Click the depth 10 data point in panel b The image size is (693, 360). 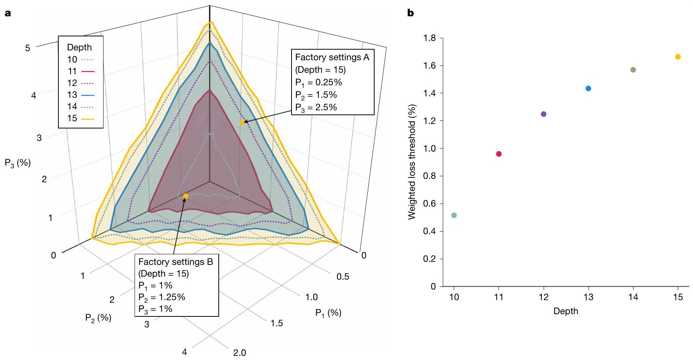[454, 215]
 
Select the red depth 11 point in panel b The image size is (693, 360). [499, 154]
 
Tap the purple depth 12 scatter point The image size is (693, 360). [543, 114]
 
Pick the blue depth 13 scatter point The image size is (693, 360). [588, 88]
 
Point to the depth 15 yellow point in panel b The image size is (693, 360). [678, 57]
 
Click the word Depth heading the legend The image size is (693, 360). [79, 47]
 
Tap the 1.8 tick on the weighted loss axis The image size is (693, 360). [430, 38]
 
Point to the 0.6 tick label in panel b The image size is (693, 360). [430, 203]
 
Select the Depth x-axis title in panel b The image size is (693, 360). [566, 311]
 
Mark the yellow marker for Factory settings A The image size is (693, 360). [241, 123]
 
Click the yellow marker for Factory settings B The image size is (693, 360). [185, 196]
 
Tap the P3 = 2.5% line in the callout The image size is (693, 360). [316, 108]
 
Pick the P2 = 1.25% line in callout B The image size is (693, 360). [161, 297]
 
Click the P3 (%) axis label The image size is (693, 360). [17, 163]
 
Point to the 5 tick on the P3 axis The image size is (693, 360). [27, 48]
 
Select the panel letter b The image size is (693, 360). [410, 14]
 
